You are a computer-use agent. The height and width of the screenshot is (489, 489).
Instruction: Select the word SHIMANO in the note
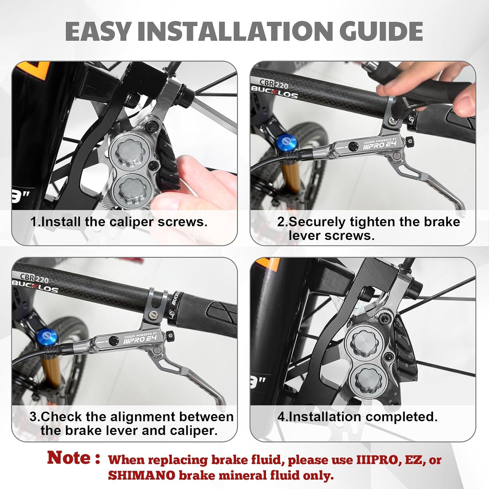(x=141, y=475)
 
